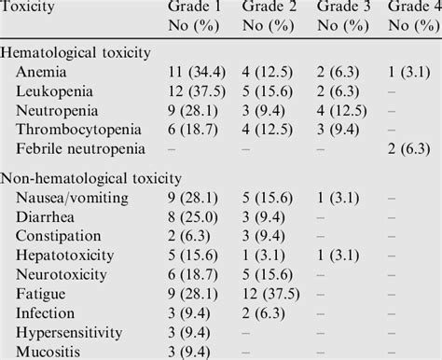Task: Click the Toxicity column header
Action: (30, 8)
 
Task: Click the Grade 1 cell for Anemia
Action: (194, 72)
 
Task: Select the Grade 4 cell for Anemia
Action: (414, 72)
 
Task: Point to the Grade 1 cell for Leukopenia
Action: (194, 90)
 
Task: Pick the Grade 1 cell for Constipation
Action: (188, 235)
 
